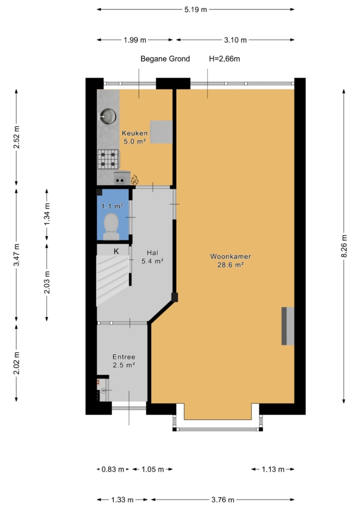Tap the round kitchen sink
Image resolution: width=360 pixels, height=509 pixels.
(108, 116)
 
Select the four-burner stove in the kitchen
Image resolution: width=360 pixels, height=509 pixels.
(108, 159)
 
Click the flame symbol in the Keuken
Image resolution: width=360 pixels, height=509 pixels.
(134, 179)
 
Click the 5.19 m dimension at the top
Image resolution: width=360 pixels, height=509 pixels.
(195, 9)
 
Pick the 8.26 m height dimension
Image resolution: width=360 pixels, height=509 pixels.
(344, 246)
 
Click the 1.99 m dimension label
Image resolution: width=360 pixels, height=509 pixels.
(135, 40)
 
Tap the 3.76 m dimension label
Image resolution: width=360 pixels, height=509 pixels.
(223, 500)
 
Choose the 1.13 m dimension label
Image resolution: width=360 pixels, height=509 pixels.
(273, 469)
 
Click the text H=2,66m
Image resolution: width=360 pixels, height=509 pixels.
(225, 59)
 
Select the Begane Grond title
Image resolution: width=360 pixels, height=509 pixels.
(165, 59)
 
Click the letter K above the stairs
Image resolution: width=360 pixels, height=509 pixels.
(116, 251)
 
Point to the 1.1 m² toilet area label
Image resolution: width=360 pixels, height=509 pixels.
(112, 206)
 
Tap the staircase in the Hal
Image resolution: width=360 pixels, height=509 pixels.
(112, 280)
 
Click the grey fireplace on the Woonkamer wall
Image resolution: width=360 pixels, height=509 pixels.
(287, 326)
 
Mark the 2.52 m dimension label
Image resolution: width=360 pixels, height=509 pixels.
(16, 137)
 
